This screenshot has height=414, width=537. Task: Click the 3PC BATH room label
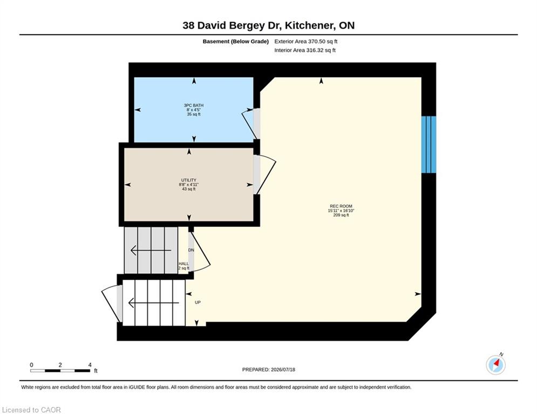194,105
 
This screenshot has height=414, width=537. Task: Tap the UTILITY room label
189,180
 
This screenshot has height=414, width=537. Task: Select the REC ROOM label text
341,206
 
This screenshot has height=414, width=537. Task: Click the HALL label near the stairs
183,264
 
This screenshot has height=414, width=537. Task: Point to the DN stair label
191,250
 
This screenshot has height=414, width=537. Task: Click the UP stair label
198,302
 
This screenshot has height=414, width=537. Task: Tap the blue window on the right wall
429,144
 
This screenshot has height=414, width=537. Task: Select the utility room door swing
265,175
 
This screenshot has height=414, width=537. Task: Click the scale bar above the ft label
60,370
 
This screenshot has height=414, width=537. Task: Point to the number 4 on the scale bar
90,365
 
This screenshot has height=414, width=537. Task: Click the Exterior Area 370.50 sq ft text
306,42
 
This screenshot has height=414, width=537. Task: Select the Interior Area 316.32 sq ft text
305,50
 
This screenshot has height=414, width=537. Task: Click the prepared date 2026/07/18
283,369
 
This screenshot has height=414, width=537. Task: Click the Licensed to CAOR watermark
31,410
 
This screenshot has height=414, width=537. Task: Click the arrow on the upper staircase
151,251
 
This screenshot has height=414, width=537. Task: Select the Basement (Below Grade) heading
236,42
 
